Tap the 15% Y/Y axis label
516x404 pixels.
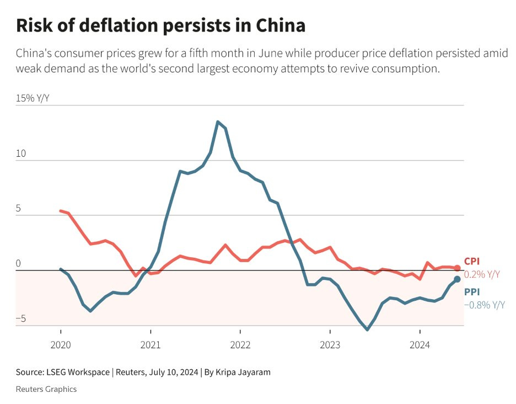[33, 98]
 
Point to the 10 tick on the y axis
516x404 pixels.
[21, 153]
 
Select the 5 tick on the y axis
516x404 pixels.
[18, 209]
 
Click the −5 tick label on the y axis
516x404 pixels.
[20, 319]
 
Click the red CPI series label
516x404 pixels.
[472, 262]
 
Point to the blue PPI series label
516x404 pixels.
[472, 293]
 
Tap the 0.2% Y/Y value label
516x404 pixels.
[482, 274]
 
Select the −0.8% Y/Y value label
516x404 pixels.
[485, 305]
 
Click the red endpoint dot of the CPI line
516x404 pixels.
[457, 268]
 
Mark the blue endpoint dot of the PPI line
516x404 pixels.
[457, 279]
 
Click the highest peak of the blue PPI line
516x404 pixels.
[218, 121]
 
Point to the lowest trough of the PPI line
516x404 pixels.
[367, 329]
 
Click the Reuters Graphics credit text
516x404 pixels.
[46, 389]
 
